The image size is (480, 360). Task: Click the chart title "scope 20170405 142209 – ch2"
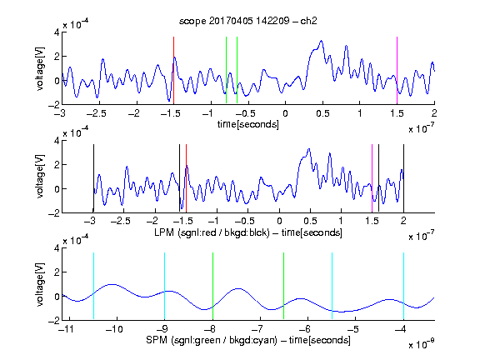coord(248,21)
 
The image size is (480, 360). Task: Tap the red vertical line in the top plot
coord(173,70)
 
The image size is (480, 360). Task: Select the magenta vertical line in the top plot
coord(397,70)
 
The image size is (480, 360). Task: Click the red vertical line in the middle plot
coord(186,178)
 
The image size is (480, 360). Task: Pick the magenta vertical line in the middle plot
coord(372,178)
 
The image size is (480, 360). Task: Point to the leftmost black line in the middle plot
coord(93,178)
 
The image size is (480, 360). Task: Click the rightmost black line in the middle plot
coord(403,178)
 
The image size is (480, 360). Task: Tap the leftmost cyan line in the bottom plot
coord(93,286)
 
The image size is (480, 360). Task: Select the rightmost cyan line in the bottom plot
coord(403,286)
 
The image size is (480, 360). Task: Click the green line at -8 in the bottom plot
coord(212,286)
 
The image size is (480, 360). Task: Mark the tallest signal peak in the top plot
coord(321,41)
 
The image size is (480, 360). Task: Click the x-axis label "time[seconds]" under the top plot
coord(248,124)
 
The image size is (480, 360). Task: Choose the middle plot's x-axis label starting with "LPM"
coord(248,232)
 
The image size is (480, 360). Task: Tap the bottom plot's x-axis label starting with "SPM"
coord(248,340)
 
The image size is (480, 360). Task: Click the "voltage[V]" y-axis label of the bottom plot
coord(40,284)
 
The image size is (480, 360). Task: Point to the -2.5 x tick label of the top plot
coord(97,113)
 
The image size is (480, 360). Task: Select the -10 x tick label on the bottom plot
coord(114,329)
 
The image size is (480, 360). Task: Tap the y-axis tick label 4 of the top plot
coord(57,32)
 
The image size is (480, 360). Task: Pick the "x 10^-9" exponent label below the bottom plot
coord(422,344)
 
